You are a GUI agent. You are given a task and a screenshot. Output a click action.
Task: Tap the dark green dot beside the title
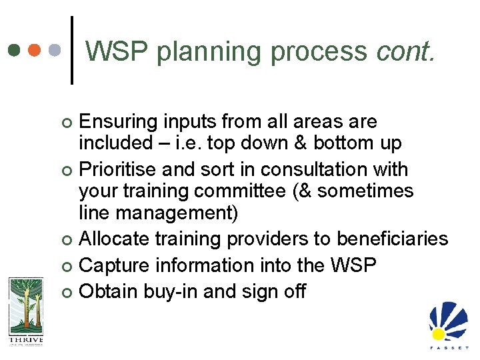[14, 51]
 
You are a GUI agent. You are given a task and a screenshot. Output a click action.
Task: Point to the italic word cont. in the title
[405, 51]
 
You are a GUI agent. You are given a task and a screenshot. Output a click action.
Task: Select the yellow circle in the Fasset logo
[438, 333]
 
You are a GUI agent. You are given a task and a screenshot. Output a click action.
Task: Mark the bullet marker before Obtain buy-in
[65, 292]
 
